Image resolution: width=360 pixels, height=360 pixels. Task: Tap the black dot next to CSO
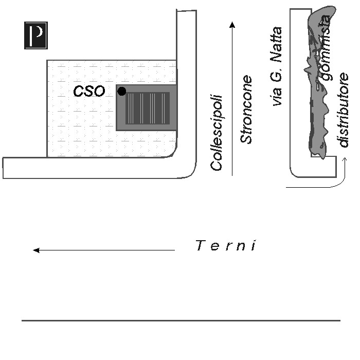pos(122,92)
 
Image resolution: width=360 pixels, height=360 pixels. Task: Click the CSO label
pos(89,92)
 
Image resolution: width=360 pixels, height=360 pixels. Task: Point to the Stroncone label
pos(247,110)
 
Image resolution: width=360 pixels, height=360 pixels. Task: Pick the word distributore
pos(343,110)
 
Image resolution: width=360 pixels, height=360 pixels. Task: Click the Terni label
pos(226,246)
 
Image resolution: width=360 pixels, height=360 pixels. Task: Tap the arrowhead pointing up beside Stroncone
pos(232,25)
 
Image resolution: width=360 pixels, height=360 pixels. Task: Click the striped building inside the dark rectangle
pos(148,107)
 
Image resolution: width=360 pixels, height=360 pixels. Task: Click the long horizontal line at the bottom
pos(180,321)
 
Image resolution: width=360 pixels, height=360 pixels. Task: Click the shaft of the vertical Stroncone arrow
pos(232,103)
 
